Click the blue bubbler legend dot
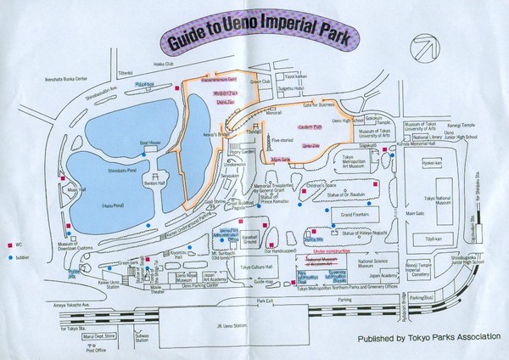[x=9, y=255]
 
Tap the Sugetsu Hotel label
[x=318, y=87]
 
